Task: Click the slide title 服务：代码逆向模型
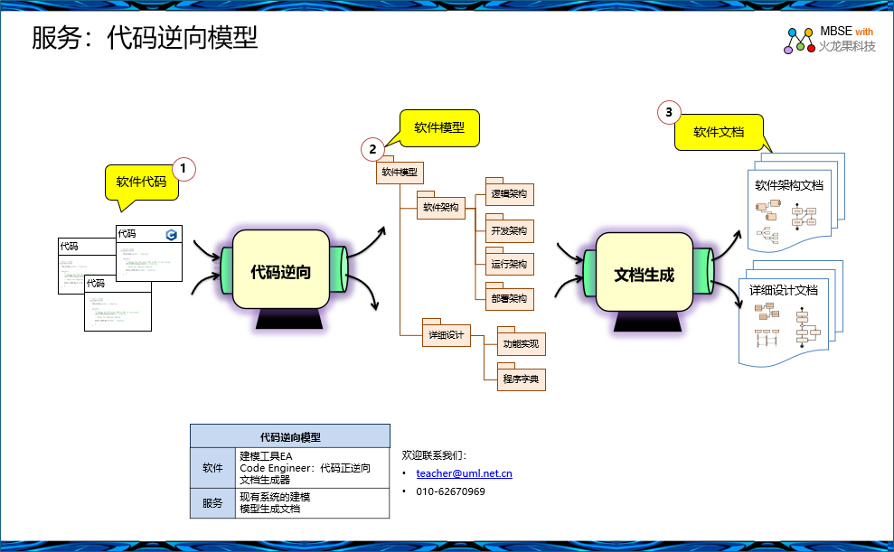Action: pos(145,38)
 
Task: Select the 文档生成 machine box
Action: pos(644,274)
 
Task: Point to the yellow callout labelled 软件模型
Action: pos(439,127)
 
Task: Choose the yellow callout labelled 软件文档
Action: pos(719,132)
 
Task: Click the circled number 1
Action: pos(184,167)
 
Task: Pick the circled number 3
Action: pos(668,112)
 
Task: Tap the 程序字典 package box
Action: pos(521,379)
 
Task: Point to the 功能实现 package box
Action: pos(521,344)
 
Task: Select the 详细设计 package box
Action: pos(446,336)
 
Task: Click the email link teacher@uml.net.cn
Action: pos(464,473)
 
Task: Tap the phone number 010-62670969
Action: pos(450,491)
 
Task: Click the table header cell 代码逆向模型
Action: pos(290,436)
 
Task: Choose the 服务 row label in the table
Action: pos(212,503)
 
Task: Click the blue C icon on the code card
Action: pos(171,235)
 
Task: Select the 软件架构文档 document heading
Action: pos(789,186)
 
